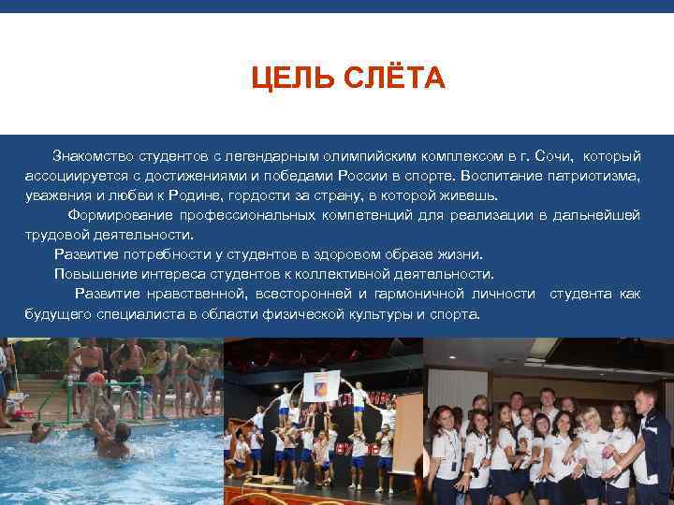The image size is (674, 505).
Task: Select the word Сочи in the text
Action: pos(557,153)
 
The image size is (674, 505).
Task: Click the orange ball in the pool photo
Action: pos(96,379)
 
